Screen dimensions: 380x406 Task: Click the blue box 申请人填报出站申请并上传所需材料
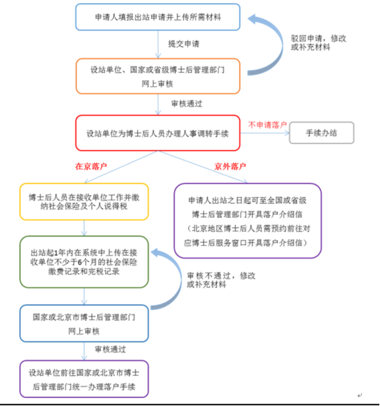pyautogui.click(x=158, y=17)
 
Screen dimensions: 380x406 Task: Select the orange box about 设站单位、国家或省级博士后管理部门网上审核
pyautogui.click(x=158, y=76)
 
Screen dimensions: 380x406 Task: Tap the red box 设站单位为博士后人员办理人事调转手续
pyautogui.click(x=158, y=133)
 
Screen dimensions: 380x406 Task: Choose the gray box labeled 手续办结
pyautogui.click(x=321, y=133)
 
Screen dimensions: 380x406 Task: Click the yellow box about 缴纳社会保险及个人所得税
pyautogui.click(x=84, y=202)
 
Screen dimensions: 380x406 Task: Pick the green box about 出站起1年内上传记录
pyautogui.click(x=84, y=262)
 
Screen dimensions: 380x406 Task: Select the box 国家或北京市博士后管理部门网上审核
pyautogui.click(x=84, y=323)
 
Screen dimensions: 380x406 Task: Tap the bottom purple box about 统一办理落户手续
pyautogui.click(x=84, y=379)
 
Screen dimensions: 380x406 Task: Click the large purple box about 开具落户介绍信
pyautogui.click(x=247, y=221)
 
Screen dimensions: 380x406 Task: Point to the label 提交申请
pyautogui.click(x=183, y=44)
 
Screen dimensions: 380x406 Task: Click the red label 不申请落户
pyautogui.click(x=267, y=125)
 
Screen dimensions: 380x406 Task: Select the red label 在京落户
pyautogui.click(x=91, y=166)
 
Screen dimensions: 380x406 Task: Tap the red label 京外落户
pyautogui.click(x=230, y=166)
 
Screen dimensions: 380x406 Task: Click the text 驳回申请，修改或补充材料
pyautogui.click(x=319, y=43)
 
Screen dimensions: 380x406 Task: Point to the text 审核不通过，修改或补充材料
pyautogui.click(x=221, y=280)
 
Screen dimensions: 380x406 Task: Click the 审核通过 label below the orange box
pyautogui.click(x=187, y=104)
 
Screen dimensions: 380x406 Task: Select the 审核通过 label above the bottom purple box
pyautogui.click(x=110, y=349)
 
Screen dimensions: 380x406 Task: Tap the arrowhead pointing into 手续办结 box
pyautogui.click(x=287, y=133)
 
